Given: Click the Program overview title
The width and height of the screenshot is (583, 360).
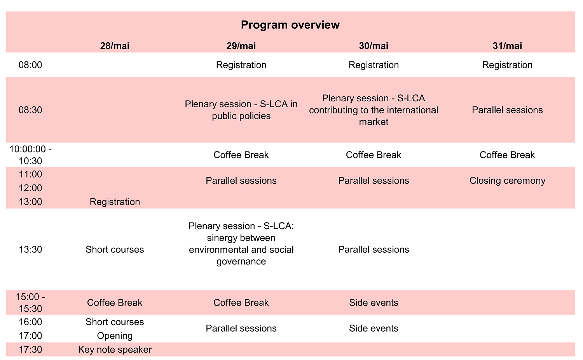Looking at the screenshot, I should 290,25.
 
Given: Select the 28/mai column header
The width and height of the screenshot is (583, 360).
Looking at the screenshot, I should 115,46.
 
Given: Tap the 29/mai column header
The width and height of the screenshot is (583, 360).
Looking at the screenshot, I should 241,46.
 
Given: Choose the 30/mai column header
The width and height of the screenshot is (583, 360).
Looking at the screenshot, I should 374,46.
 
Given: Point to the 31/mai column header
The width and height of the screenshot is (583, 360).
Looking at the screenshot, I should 507,46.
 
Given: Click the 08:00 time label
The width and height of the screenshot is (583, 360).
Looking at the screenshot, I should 30,65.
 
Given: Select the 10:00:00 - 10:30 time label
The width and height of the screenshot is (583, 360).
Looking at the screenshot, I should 30,155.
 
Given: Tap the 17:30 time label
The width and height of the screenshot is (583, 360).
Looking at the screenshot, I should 30,350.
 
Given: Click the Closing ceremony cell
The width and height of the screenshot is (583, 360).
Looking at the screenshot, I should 507,181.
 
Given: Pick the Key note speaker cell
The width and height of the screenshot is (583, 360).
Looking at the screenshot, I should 115,350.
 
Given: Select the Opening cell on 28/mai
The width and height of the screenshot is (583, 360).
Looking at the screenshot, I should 115,336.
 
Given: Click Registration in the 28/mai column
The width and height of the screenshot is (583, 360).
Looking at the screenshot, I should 115,202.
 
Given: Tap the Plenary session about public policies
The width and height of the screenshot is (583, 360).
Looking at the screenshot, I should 241,110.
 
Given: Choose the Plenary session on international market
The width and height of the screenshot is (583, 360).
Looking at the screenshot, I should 374,110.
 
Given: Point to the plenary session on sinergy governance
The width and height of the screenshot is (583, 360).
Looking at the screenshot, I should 241,243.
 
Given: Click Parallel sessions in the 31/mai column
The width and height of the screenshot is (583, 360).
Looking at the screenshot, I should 507,110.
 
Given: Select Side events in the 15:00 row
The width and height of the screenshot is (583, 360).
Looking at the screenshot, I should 374,303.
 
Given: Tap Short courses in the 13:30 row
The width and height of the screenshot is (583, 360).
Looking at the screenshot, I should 115,249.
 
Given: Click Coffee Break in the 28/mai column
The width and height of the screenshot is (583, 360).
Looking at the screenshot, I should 115,303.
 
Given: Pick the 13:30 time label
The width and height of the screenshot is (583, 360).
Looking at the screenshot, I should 30,249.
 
